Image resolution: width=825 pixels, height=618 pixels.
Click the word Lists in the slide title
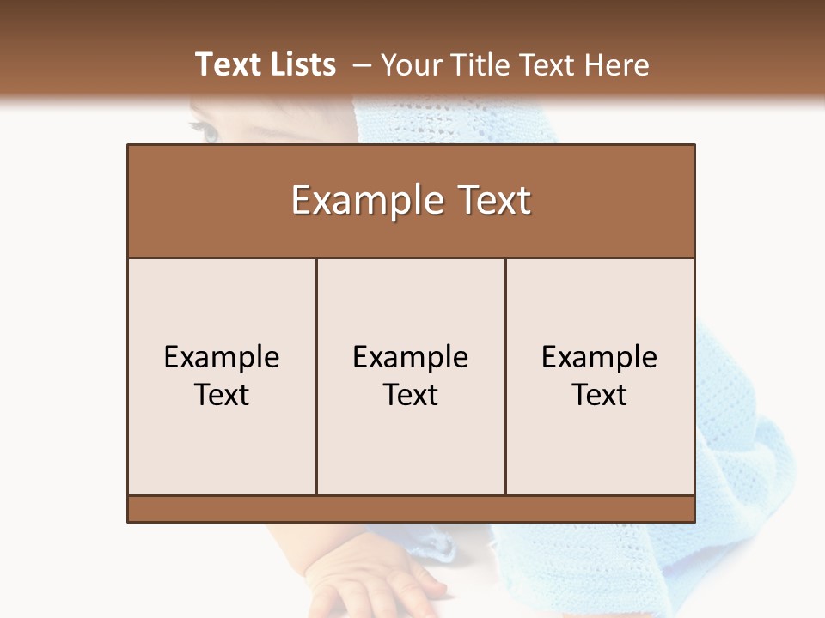[x=301, y=64]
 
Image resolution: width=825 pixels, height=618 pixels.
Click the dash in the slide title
[x=362, y=65]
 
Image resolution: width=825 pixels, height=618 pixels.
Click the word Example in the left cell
[x=222, y=357]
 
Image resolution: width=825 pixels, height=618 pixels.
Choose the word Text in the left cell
[x=222, y=395]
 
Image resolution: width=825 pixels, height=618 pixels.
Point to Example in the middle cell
[x=411, y=357]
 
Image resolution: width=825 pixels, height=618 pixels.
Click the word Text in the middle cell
[x=411, y=395]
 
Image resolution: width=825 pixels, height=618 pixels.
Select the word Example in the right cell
[x=600, y=357]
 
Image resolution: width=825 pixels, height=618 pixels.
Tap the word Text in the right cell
[x=600, y=395]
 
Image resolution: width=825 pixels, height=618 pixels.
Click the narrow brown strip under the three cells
[x=411, y=508]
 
